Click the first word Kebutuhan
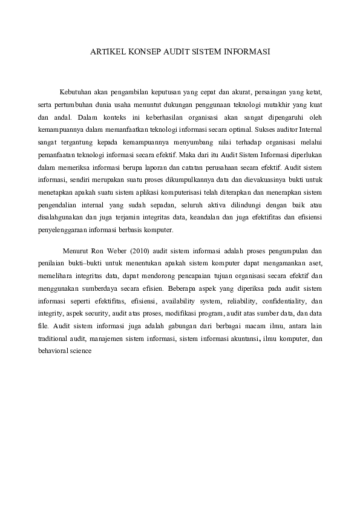[x=77, y=92]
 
